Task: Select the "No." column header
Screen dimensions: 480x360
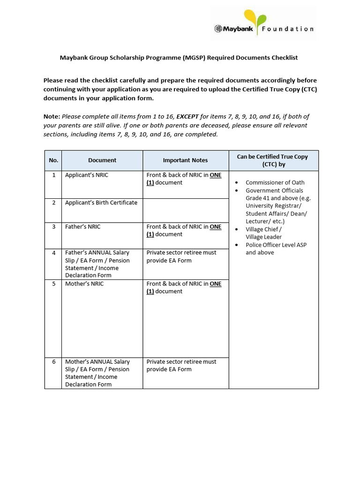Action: click(x=53, y=160)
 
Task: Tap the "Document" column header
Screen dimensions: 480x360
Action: click(x=102, y=160)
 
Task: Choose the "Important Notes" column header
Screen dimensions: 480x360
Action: click(x=185, y=160)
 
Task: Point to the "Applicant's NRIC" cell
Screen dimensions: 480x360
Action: click(x=87, y=175)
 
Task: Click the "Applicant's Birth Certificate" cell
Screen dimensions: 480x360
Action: click(x=101, y=202)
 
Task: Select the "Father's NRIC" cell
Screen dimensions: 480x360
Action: click(x=83, y=226)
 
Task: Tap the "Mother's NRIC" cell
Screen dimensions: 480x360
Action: click(x=84, y=284)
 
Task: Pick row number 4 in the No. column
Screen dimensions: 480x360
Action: click(x=54, y=253)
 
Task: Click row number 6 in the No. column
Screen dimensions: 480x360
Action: click(x=54, y=362)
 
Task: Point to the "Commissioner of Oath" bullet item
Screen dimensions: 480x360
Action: click(x=275, y=182)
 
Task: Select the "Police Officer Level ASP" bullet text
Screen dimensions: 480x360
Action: click(x=276, y=245)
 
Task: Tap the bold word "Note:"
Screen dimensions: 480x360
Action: click(x=52, y=117)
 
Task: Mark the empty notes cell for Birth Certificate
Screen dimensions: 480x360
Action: click(x=185, y=210)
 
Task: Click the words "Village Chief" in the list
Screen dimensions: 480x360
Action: click(x=262, y=229)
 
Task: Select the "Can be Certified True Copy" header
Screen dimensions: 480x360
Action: click(x=272, y=157)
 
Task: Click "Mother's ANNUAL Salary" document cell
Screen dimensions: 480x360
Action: click(x=97, y=362)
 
